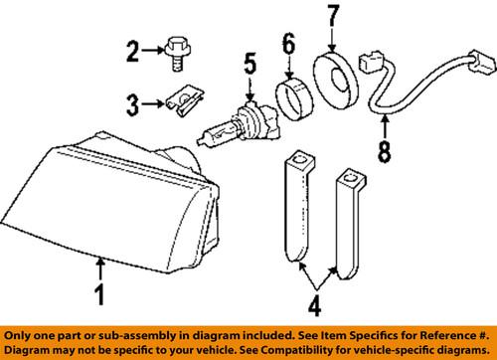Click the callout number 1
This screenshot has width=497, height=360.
[x=99, y=294]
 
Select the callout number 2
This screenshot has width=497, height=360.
[x=132, y=52]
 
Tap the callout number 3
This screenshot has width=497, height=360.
[x=132, y=105]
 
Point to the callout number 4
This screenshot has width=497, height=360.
[x=315, y=305]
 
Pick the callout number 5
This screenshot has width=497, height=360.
[x=250, y=64]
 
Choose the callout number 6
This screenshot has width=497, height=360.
[x=289, y=44]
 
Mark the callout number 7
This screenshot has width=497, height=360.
[x=333, y=16]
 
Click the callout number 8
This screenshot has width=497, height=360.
[x=385, y=152]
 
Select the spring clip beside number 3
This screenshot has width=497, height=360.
[x=184, y=102]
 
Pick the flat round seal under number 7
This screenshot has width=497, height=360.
[x=335, y=80]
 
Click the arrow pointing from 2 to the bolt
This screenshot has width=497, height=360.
[x=153, y=51]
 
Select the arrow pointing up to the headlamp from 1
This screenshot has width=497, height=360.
[x=100, y=270]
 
